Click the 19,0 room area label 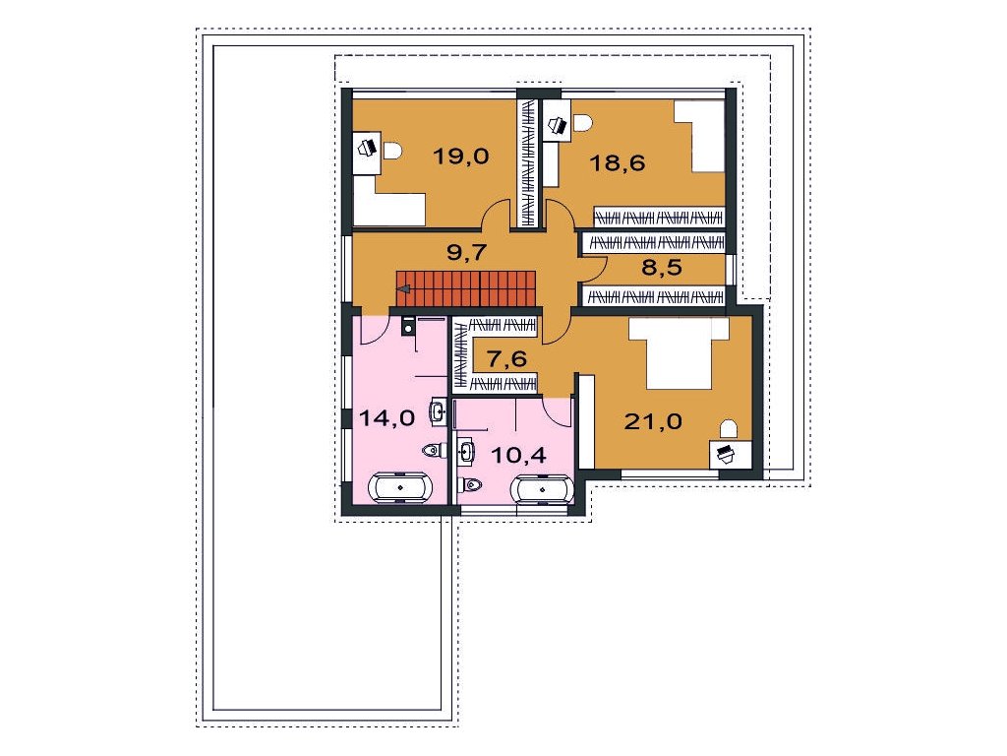click(x=461, y=156)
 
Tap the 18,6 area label click(x=618, y=162)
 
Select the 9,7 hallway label click(x=467, y=252)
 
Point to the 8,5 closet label click(x=662, y=267)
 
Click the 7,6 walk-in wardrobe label click(x=506, y=358)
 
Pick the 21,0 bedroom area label click(x=653, y=421)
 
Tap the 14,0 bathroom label click(x=386, y=418)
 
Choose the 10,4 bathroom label click(x=518, y=455)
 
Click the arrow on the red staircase click(x=404, y=289)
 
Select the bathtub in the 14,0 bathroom click(x=400, y=487)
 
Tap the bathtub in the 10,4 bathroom click(x=543, y=489)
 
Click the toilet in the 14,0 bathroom click(x=434, y=450)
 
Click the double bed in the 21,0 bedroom click(x=679, y=353)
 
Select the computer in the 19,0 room click(x=368, y=148)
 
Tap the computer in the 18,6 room click(x=557, y=125)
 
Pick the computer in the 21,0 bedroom click(x=725, y=454)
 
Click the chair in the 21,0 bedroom click(x=729, y=429)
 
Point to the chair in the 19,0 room click(x=391, y=151)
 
